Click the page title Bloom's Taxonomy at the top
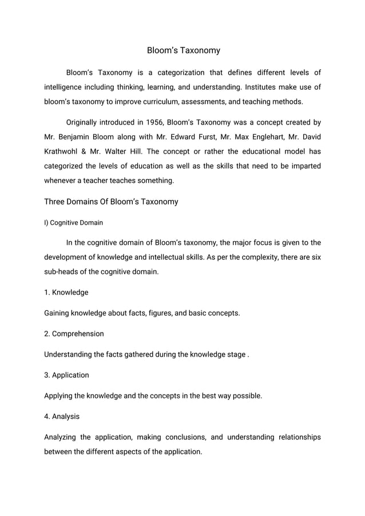click(x=183, y=50)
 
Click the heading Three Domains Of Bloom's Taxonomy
click(x=111, y=202)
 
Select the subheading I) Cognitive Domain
click(x=73, y=222)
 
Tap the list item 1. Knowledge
click(x=66, y=293)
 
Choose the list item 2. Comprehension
click(x=74, y=334)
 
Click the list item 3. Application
click(x=66, y=375)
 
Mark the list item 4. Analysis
click(x=62, y=416)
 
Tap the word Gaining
click(x=58, y=313)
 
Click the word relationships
click(x=299, y=437)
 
